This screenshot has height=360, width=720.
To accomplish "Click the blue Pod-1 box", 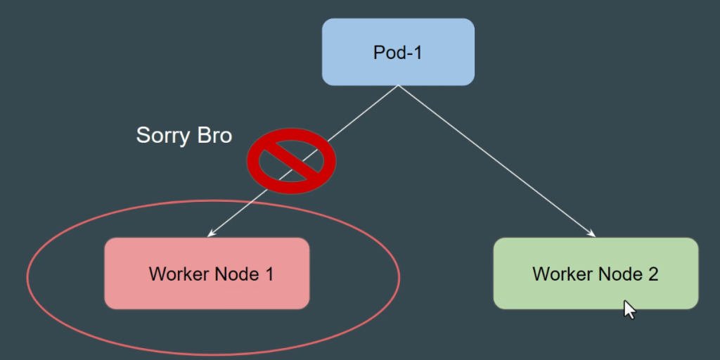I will click(x=398, y=51).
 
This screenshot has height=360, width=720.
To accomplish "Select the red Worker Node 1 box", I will click(x=207, y=274).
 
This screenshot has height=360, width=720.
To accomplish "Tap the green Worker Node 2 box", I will click(x=596, y=274).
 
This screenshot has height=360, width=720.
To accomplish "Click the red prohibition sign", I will click(x=291, y=160).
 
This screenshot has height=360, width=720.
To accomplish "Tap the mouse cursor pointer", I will click(x=629, y=309).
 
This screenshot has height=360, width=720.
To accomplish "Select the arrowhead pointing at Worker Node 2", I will click(x=592, y=234).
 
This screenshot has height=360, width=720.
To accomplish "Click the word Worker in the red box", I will click(x=178, y=274).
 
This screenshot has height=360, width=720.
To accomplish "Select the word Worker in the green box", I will click(x=562, y=274).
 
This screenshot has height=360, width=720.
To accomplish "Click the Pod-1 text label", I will click(x=398, y=52).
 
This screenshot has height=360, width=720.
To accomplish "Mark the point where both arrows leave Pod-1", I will click(x=398, y=86).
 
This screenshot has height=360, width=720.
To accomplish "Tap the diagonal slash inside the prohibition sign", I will click(x=292, y=161).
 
